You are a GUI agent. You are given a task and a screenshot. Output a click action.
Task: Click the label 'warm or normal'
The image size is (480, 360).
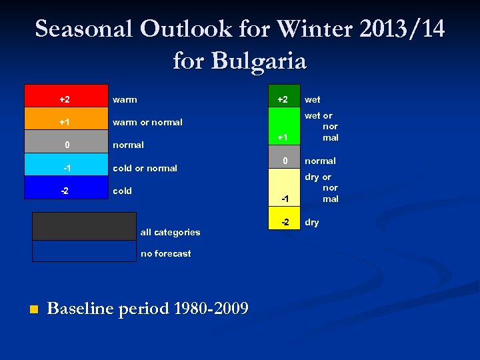point(147,123)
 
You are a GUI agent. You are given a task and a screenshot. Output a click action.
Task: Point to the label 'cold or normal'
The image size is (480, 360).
point(145,168)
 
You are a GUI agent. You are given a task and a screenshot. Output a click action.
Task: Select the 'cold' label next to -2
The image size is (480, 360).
point(122,191)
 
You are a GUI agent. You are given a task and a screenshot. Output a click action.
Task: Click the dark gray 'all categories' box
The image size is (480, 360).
point(84,226)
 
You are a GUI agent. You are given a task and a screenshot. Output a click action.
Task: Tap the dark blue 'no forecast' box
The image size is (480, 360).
point(84,251)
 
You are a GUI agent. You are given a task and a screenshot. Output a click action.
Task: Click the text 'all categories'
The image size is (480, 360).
point(170,233)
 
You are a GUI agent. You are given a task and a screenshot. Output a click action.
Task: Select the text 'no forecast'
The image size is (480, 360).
point(165,254)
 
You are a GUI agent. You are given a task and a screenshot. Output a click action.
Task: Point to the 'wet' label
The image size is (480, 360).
point(312,99)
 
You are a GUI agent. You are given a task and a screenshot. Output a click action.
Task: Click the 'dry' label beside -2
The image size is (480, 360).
point(312,223)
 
